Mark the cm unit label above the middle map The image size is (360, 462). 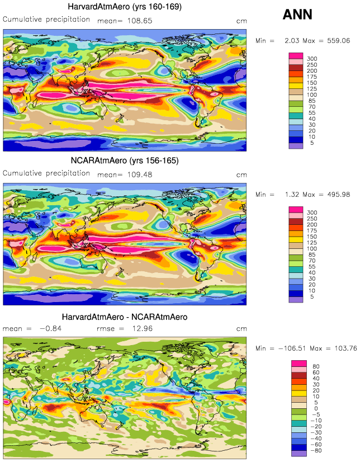[241, 174]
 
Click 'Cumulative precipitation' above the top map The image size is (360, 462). [46, 19]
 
